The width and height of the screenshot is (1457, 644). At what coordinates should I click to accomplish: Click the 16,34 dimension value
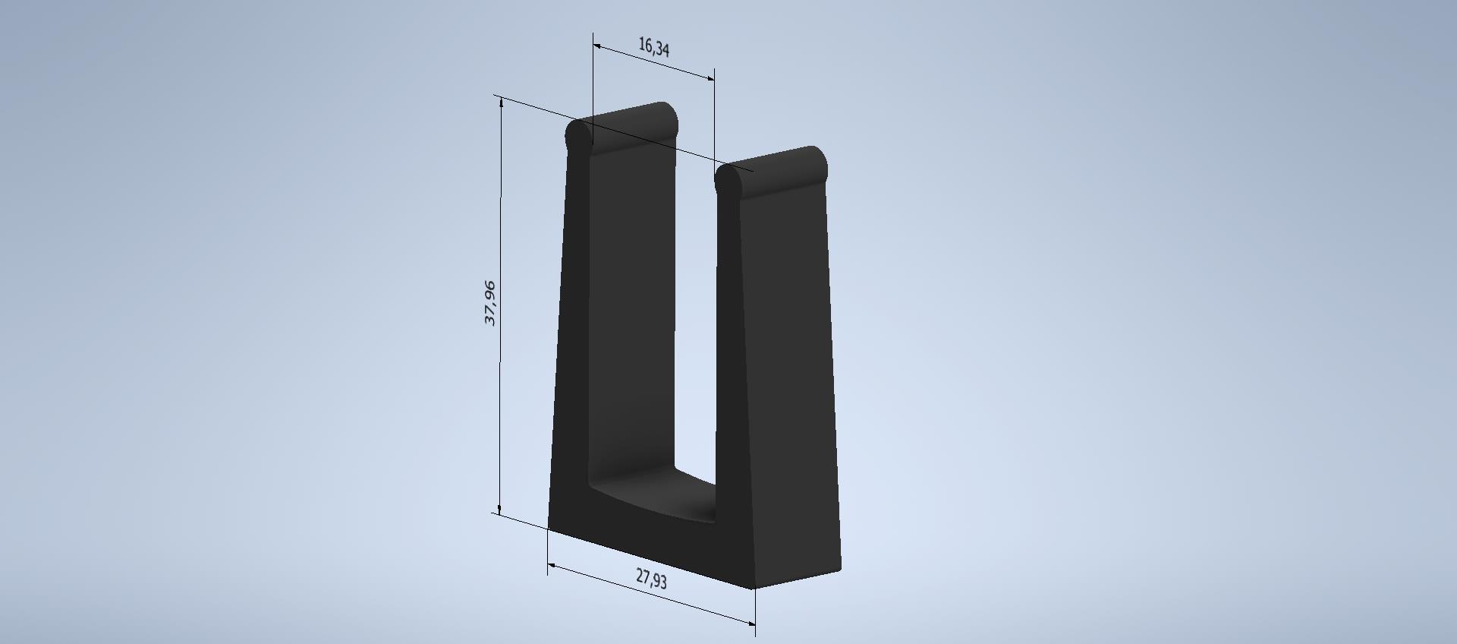point(653,48)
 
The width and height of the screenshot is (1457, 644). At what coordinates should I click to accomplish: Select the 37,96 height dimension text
point(490,303)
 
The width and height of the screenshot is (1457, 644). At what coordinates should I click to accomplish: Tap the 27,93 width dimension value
point(651,579)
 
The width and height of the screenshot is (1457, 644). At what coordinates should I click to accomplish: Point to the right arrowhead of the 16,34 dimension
point(709,77)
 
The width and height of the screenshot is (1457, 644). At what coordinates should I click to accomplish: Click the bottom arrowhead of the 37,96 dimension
point(499,508)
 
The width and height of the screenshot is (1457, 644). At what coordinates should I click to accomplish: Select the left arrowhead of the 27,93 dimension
point(553,567)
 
